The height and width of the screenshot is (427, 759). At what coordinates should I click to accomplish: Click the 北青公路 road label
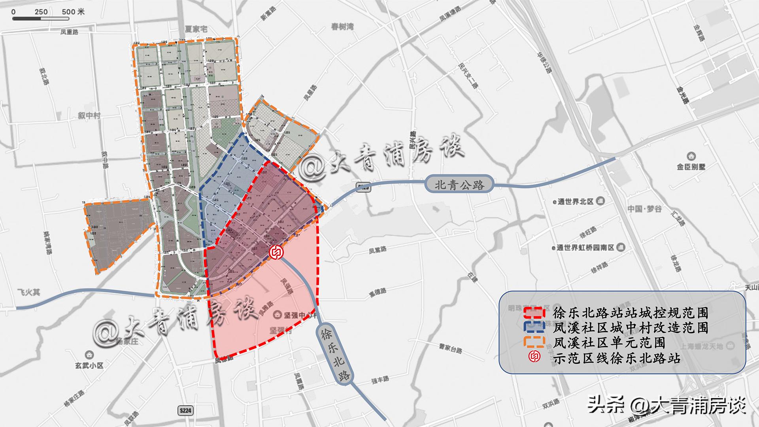[459, 185]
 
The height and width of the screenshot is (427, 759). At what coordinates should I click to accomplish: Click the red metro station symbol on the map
[276, 253]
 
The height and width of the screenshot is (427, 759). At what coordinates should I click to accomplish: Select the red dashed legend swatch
[534, 313]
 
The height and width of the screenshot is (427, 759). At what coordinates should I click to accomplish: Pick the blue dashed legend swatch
[534, 327]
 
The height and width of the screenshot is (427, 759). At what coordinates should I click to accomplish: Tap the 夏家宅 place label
[196, 29]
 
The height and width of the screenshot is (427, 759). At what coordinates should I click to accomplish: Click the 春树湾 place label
[342, 27]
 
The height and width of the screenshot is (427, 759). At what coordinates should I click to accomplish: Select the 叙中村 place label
[89, 115]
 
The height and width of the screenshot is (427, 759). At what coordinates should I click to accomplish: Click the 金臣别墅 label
[691, 167]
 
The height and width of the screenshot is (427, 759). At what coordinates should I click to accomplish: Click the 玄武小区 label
[90, 365]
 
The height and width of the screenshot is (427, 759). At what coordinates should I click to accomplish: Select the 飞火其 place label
[29, 293]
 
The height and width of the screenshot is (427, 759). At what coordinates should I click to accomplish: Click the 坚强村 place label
[281, 330]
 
